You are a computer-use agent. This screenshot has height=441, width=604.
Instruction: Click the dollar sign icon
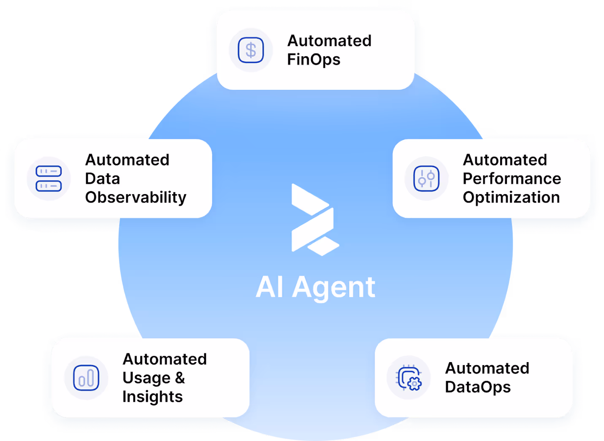click(251, 50)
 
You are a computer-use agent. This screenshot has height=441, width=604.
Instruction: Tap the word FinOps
click(314, 60)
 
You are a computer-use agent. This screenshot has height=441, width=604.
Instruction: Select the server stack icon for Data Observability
click(49, 179)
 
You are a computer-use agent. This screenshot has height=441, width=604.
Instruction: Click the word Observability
click(135, 198)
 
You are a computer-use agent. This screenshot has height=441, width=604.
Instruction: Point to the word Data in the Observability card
click(103, 179)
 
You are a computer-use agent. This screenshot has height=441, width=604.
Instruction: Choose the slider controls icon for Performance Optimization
click(426, 179)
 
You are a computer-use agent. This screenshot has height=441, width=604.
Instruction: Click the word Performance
click(512, 179)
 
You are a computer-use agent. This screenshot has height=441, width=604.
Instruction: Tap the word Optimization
click(511, 198)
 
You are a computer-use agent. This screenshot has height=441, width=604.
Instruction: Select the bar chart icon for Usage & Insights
click(86, 378)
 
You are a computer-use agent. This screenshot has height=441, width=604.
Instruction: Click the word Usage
click(146, 378)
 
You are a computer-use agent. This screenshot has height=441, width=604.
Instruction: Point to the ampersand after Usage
click(180, 378)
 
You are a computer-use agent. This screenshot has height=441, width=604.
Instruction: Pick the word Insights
click(152, 397)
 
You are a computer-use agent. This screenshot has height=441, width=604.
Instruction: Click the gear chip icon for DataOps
click(409, 378)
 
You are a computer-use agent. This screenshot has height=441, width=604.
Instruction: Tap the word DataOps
click(478, 387)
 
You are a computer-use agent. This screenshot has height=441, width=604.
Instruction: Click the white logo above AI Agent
click(314, 219)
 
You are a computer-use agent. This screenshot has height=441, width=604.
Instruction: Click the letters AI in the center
click(269, 287)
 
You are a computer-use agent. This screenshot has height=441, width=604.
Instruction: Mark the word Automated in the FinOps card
click(329, 41)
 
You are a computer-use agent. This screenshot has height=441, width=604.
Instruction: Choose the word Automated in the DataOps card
click(487, 368)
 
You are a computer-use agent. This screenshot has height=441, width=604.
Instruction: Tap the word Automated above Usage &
click(165, 359)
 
